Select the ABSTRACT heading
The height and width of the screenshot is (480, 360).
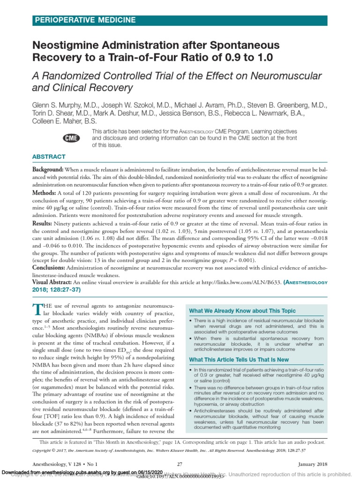point(49,157)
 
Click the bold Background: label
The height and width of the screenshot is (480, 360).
point(48,169)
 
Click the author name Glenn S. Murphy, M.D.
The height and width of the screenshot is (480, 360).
point(64,105)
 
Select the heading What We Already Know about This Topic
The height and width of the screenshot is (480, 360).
point(242,311)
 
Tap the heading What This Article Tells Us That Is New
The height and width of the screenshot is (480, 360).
point(239,360)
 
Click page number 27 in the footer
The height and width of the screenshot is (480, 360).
point(180,464)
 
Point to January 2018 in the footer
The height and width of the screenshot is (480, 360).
point(314,464)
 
